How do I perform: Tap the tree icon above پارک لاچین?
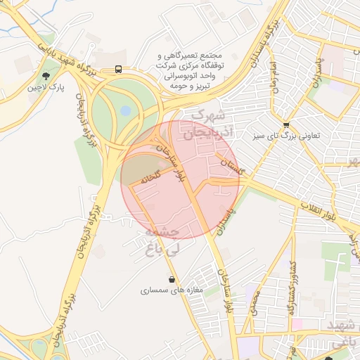[x=46, y=75]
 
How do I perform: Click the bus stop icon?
[x=118, y=70]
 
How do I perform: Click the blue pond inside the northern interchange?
[x=126, y=110]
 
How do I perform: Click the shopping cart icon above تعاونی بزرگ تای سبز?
[x=286, y=124]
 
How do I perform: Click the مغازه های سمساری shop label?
[x=172, y=289]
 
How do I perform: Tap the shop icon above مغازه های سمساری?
[x=172, y=279]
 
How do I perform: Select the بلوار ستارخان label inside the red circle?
[x=171, y=161]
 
